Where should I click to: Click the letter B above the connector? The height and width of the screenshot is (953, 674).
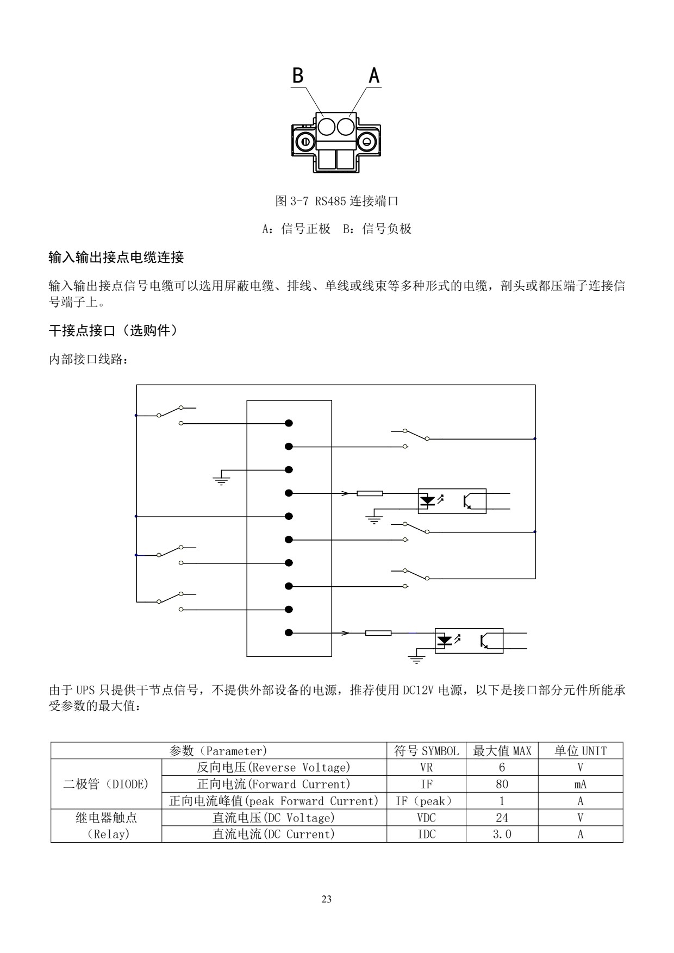click(x=298, y=76)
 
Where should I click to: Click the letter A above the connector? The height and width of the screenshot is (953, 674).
click(x=374, y=76)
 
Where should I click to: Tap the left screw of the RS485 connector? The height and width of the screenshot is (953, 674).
click(x=305, y=142)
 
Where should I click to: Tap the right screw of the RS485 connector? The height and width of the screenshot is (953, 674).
click(x=367, y=142)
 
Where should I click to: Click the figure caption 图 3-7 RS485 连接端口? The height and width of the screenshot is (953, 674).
click(x=337, y=201)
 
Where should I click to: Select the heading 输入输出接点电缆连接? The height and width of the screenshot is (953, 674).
click(x=116, y=258)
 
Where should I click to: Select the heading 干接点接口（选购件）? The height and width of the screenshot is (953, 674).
click(x=113, y=330)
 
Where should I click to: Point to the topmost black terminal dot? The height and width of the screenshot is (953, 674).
click(x=289, y=423)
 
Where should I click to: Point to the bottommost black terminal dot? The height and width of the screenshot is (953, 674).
click(x=289, y=632)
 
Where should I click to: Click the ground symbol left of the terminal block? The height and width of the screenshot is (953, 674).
click(x=221, y=479)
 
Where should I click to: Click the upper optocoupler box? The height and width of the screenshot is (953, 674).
click(x=452, y=501)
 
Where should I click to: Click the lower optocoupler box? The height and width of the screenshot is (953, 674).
click(x=469, y=641)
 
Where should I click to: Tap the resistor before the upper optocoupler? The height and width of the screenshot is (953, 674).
click(x=370, y=493)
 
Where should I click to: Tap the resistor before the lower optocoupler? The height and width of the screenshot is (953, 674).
click(x=378, y=633)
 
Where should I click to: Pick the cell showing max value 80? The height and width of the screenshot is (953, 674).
click(x=502, y=784)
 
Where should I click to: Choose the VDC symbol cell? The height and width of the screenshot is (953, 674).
click(x=426, y=818)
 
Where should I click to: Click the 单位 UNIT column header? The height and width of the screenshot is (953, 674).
click(x=580, y=751)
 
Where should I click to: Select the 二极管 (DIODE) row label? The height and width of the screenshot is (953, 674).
click(x=106, y=784)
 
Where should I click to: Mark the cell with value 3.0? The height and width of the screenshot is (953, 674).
click(x=502, y=834)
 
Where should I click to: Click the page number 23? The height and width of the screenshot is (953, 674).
click(x=327, y=899)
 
